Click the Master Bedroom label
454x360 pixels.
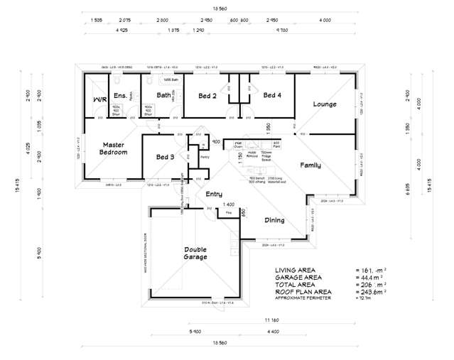coord(114,148)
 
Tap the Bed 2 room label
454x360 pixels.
coord(207,95)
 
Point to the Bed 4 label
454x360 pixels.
coord(273,95)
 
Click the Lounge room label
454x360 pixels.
coord(325,104)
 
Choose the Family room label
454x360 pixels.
coord(310,165)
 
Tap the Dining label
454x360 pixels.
coord(274,220)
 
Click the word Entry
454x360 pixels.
coord(214,194)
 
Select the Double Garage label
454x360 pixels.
coord(195,253)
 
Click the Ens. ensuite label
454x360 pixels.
coord(120,95)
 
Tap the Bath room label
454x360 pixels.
coord(164,95)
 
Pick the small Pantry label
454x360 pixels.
coord(205,156)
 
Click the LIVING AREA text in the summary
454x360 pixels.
coord(295,271)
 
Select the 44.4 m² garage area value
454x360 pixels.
coord(372,278)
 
